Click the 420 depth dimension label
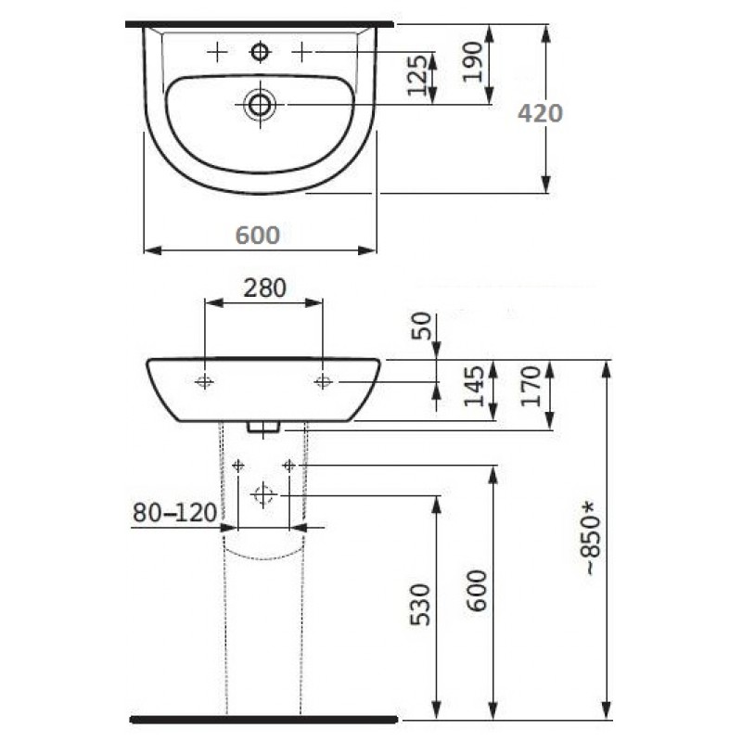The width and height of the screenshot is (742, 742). tap(540, 113)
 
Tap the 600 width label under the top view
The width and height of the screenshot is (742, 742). tap(258, 235)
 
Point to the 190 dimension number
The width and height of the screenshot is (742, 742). tap(472, 61)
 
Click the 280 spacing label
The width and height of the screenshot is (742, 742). tap(264, 288)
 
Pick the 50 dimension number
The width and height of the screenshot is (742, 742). tap(421, 326)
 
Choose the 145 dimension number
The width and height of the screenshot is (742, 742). tap(474, 386)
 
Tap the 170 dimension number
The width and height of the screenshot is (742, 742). tap(530, 386)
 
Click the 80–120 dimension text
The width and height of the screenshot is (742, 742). tap(174, 512)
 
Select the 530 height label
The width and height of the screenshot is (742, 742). tap(420, 605)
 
